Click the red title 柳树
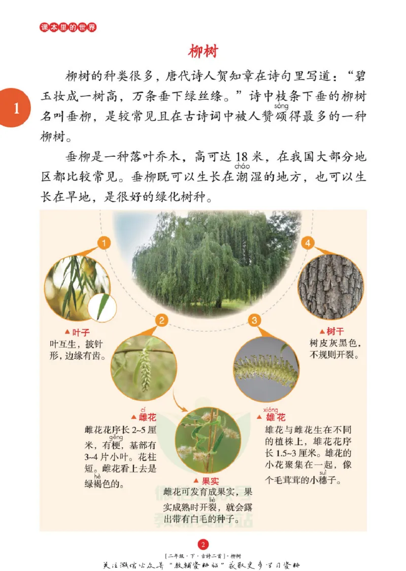203,52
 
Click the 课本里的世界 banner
68,27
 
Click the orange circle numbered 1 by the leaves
104,244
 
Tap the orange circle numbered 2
161,320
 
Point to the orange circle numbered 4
308,244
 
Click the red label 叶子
80,333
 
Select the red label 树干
334,331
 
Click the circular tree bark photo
330,286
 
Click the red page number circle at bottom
203,545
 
